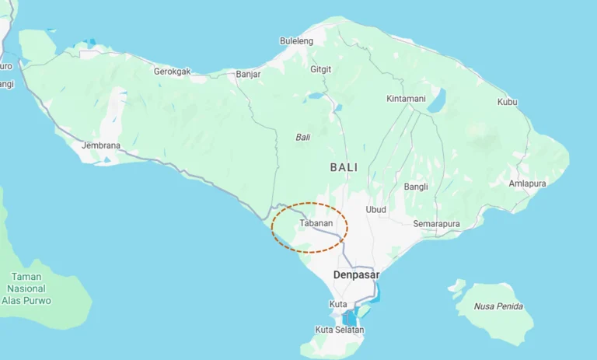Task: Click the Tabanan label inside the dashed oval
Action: pyautogui.click(x=316, y=223)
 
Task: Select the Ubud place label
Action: pyautogui.click(x=376, y=209)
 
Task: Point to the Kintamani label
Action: pyautogui.click(x=406, y=99)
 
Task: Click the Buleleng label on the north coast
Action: pyautogui.click(x=296, y=40)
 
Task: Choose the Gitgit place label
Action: pyautogui.click(x=321, y=69)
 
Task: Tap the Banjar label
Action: pyautogui.click(x=248, y=75)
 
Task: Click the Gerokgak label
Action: pyautogui.click(x=172, y=71)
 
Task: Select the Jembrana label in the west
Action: pyautogui.click(x=101, y=145)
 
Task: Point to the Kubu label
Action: pyautogui.click(x=508, y=102)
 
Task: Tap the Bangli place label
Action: pyautogui.click(x=416, y=187)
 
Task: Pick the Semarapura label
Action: pyautogui.click(x=436, y=224)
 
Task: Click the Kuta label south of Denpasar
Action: pyautogui.click(x=338, y=303)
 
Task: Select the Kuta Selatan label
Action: pyautogui.click(x=340, y=330)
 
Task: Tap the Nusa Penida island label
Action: pyautogui.click(x=498, y=306)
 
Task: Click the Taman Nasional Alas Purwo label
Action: pyautogui.click(x=26, y=288)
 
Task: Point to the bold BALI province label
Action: pyautogui.click(x=344, y=167)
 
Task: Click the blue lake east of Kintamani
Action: pyautogui.click(x=437, y=100)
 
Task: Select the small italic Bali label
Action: pyautogui.click(x=303, y=137)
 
